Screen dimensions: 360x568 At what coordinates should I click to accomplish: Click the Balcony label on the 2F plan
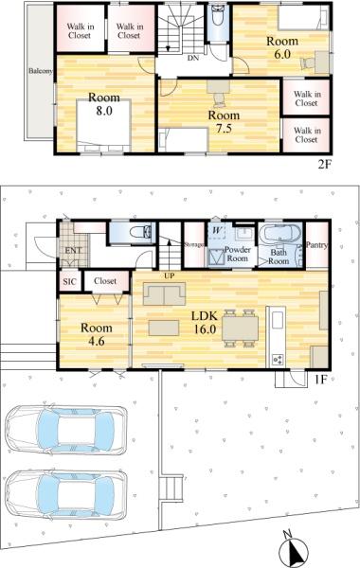pos(41,71)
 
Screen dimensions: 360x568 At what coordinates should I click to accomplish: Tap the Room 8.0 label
pos(104,104)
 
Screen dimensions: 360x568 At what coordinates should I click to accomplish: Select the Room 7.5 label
pos(224,122)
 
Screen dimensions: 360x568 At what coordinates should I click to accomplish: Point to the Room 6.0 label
pos(282,47)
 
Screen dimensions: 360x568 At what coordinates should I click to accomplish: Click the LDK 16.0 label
pos(205,322)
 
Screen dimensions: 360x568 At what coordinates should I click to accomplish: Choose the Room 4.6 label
pos(96,334)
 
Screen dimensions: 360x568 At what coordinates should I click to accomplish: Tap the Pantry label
pos(316,245)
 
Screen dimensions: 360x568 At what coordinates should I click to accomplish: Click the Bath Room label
pos(279,257)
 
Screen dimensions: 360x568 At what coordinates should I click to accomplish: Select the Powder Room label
pos(238,254)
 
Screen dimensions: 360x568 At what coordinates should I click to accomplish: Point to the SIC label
pos(69,281)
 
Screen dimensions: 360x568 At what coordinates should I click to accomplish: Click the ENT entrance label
pos(73,250)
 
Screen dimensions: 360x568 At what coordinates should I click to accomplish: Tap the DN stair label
pos(193,58)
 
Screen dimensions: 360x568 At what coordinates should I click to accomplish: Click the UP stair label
pos(170,276)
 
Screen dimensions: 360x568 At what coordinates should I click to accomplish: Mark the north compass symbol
pos(295,549)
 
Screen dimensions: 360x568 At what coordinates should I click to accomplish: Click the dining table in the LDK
pos(240,328)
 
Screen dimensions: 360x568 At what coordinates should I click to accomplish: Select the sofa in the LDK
pos(164,293)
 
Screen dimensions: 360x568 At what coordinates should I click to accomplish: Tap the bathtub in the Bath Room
pos(281,235)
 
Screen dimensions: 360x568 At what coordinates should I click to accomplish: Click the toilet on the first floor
pos(141,232)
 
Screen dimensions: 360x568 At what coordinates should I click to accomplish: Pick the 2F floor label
pos(325,165)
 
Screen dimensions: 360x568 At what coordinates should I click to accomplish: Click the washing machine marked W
pos(217,232)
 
